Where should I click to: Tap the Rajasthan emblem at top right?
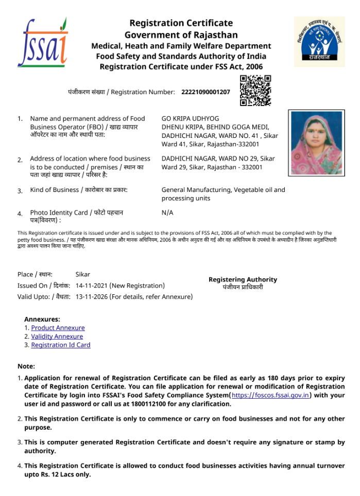tap(319, 42)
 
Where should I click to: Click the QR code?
tap(255, 91)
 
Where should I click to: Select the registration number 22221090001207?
tap(205, 92)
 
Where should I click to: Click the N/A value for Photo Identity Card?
tap(167, 212)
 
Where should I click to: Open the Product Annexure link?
tap(58, 328)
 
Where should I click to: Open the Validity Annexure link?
tap(57, 336)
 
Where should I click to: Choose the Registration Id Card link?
tap(61, 345)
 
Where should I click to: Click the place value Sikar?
tap(83, 274)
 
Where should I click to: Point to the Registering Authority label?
tap(243, 279)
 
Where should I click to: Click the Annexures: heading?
tap(42, 319)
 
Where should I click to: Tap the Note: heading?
tap(26, 366)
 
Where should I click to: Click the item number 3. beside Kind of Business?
tap(20, 191)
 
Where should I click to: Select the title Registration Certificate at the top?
tap(181, 23)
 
